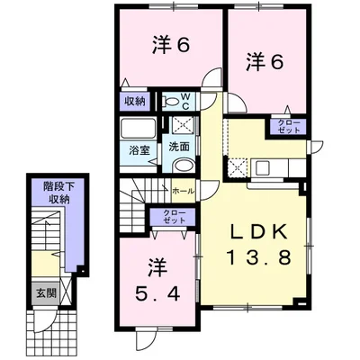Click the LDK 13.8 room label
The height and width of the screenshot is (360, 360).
tap(258, 245)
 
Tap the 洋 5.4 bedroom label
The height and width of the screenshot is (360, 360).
tap(157, 281)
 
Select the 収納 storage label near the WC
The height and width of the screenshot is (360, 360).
tap(135, 102)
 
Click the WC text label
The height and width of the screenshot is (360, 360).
tap(185, 101)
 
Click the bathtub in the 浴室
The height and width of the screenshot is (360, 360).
tap(138, 128)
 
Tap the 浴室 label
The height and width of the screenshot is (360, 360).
tap(139, 150)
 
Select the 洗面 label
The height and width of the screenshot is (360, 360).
tap(179, 147)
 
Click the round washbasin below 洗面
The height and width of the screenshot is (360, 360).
tap(184, 166)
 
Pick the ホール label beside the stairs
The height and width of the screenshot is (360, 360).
tap(184, 191)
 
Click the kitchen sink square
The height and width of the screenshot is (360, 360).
tap(263, 167)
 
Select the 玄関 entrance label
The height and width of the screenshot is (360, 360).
tap(47, 293)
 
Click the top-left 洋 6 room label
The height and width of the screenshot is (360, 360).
tap(171, 46)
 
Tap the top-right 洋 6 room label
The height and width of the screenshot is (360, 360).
tap(265, 63)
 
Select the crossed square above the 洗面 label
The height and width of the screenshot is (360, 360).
tap(184, 125)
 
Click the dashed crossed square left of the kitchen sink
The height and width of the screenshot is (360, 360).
tap(237, 167)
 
